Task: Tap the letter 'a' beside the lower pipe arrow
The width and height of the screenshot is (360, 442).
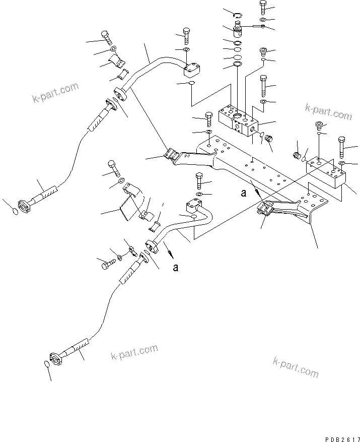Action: point(175,268)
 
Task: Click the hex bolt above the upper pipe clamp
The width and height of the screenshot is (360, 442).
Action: point(106,37)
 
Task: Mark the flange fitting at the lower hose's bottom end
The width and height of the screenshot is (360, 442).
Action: point(57,355)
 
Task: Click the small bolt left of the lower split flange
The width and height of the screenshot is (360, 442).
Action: point(107,263)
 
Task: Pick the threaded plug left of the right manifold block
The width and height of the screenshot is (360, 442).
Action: point(298,154)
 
